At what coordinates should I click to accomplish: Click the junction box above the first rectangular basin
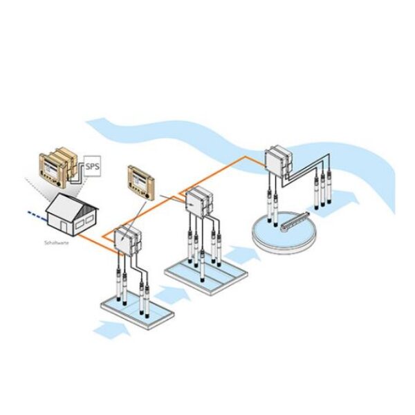coord(127,241)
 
